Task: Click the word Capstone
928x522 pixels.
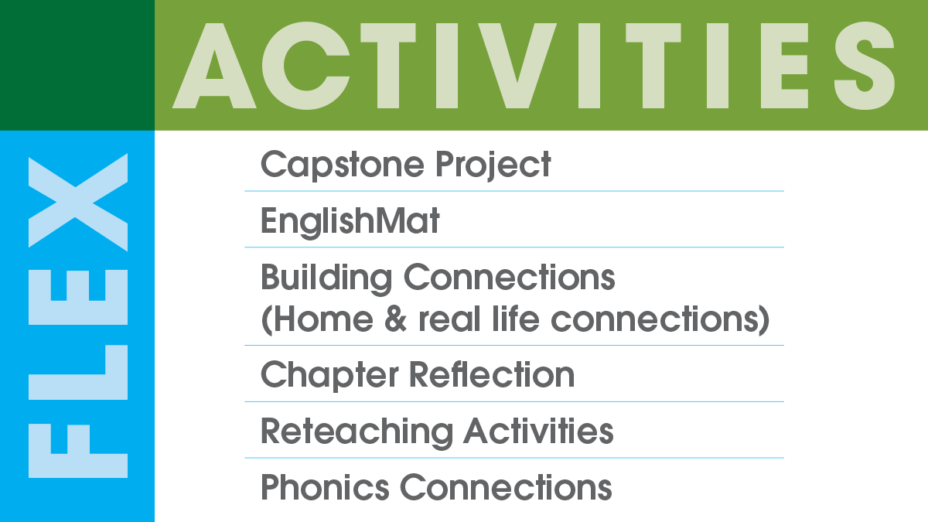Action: (342, 165)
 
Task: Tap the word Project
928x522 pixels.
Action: (493, 165)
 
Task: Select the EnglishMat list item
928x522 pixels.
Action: (350, 221)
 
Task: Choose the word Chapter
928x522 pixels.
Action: (329, 376)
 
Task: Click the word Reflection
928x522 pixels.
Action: (492, 374)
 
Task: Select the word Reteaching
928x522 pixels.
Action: (357, 432)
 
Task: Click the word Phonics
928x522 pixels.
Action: (325, 487)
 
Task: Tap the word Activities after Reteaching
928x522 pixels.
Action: (538, 431)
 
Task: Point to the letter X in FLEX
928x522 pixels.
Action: (78, 202)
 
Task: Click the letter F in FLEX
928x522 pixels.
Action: (78, 451)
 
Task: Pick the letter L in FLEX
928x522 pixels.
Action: (78, 373)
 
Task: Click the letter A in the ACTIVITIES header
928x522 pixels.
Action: (214, 66)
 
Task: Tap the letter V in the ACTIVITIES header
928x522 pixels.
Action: (517, 66)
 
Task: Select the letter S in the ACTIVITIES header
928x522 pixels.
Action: (865, 66)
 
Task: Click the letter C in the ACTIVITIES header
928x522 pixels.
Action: (305, 66)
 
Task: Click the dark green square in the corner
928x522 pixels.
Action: (77, 65)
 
